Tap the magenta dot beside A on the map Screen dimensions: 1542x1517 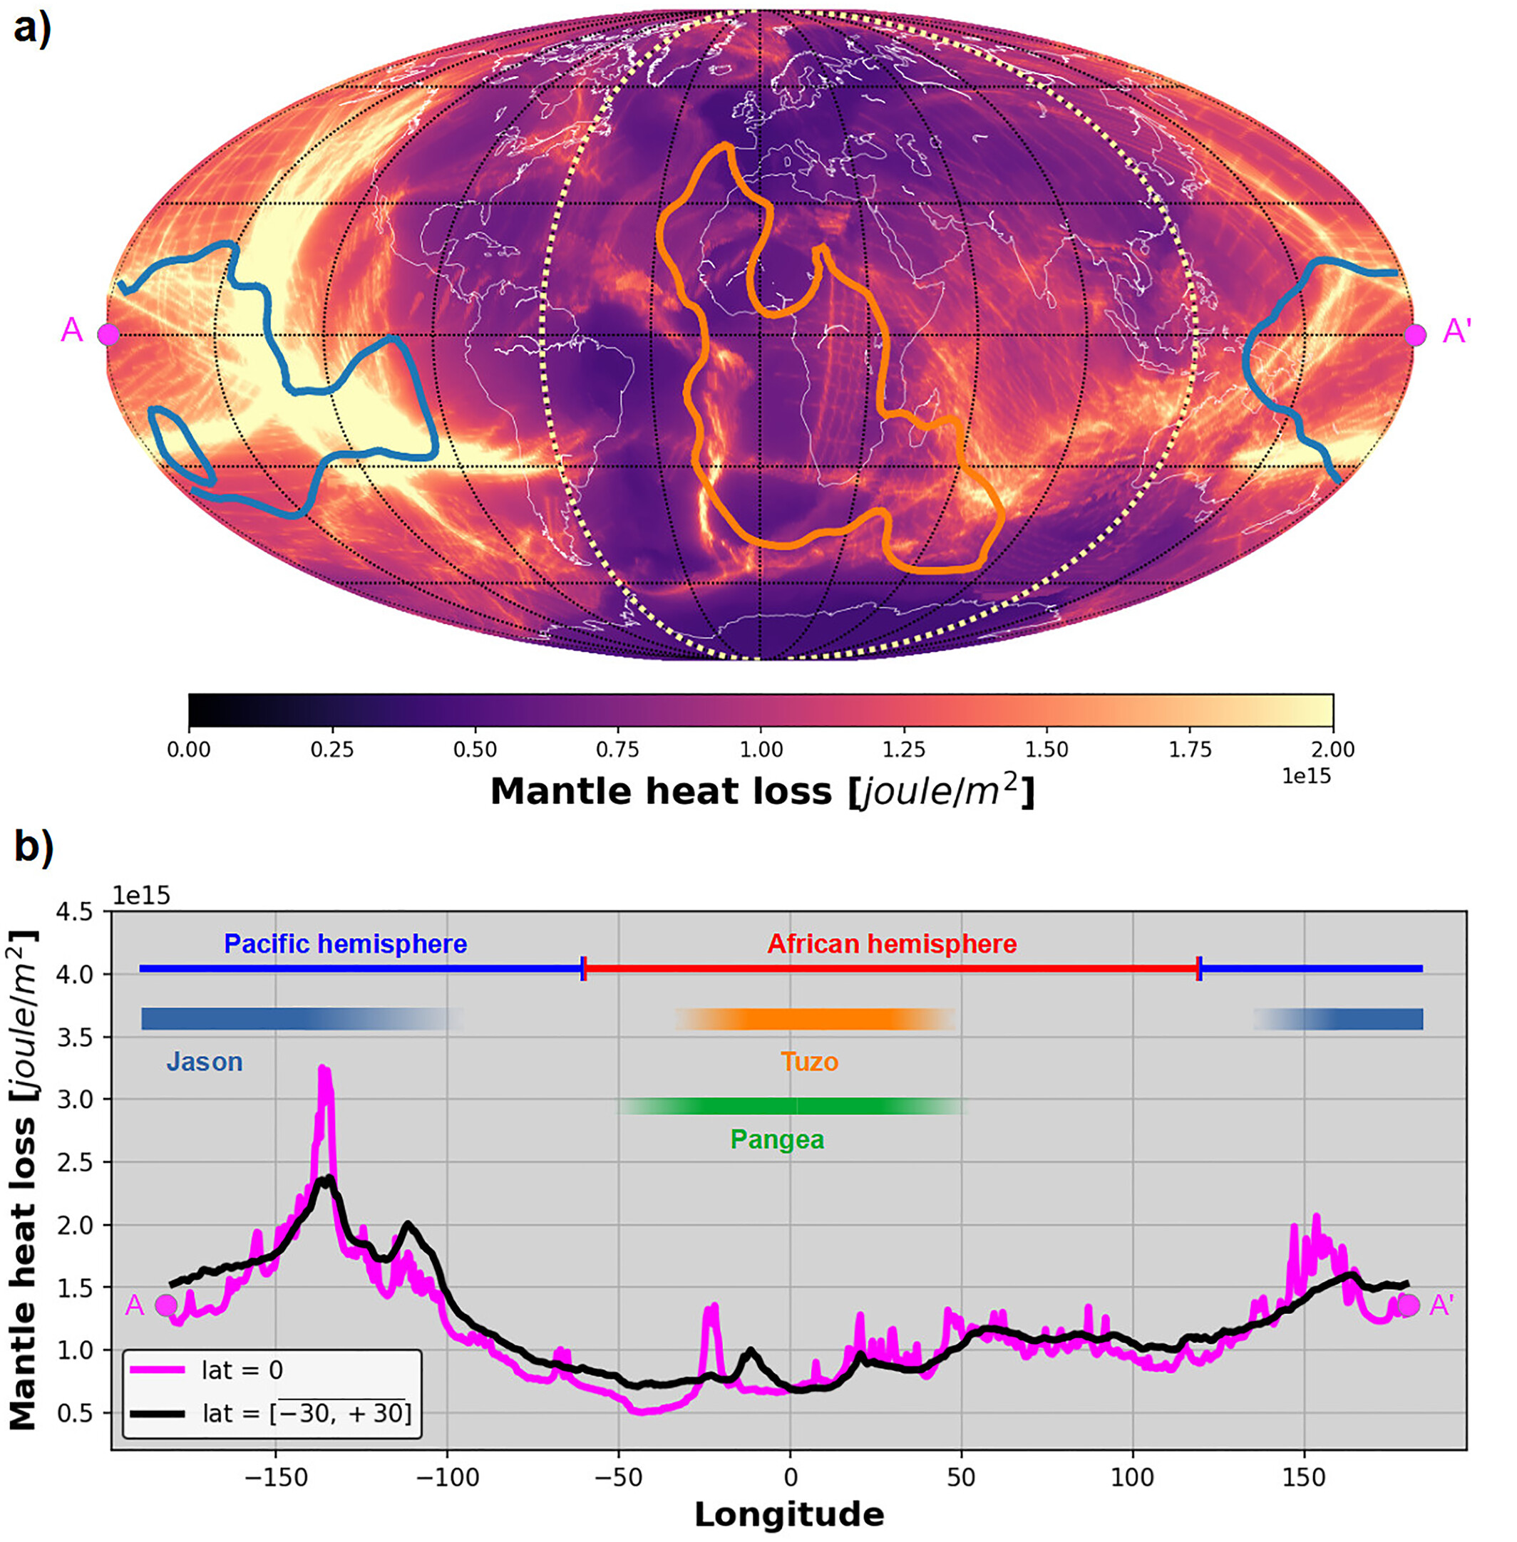click(x=108, y=334)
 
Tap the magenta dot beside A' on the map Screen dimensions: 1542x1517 click(x=1415, y=334)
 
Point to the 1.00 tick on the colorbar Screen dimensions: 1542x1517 click(x=761, y=750)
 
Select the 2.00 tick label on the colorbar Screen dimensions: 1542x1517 click(x=1332, y=750)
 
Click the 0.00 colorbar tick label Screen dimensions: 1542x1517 click(x=189, y=750)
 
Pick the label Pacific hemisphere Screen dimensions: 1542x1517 click(x=345, y=944)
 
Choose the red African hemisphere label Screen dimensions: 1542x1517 click(x=892, y=944)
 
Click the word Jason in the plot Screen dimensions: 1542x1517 click(x=204, y=1062)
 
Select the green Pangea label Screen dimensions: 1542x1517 click(x=777, y=1140)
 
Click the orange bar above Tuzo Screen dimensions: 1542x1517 click(x=814, y=1020)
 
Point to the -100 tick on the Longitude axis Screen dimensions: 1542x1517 click(x=447, y=1477)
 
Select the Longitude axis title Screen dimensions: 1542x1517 click(x=788, y=1514)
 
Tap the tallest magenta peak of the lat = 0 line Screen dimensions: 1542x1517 click(x=324, y=1069)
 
